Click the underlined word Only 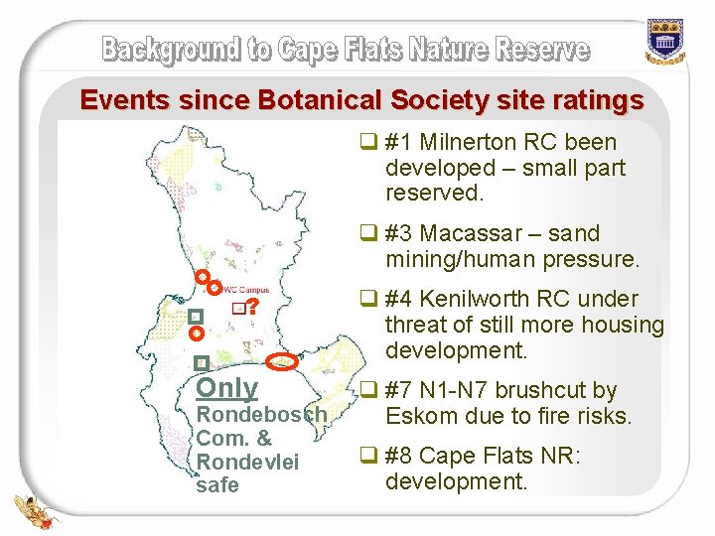pyautogui.click(x=227, y=389)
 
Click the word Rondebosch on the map pyautogui.click(x=260, y=414)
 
